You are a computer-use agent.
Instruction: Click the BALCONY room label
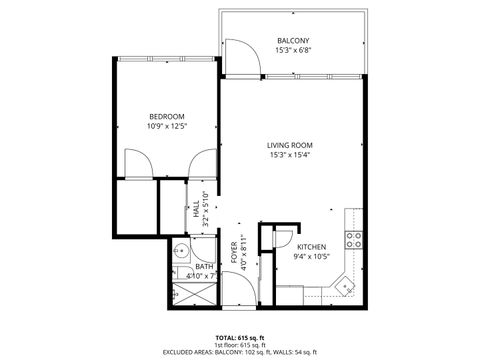292,41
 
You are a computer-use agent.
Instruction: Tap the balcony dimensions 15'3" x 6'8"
292,51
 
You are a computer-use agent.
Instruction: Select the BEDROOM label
165,116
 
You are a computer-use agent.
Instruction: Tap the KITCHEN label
310,246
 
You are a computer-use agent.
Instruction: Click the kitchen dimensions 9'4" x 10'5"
310,256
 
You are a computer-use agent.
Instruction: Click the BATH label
204,266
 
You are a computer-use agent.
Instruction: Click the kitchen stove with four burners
352,238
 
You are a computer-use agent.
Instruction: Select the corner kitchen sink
347,285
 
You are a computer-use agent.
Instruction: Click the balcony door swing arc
243,57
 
